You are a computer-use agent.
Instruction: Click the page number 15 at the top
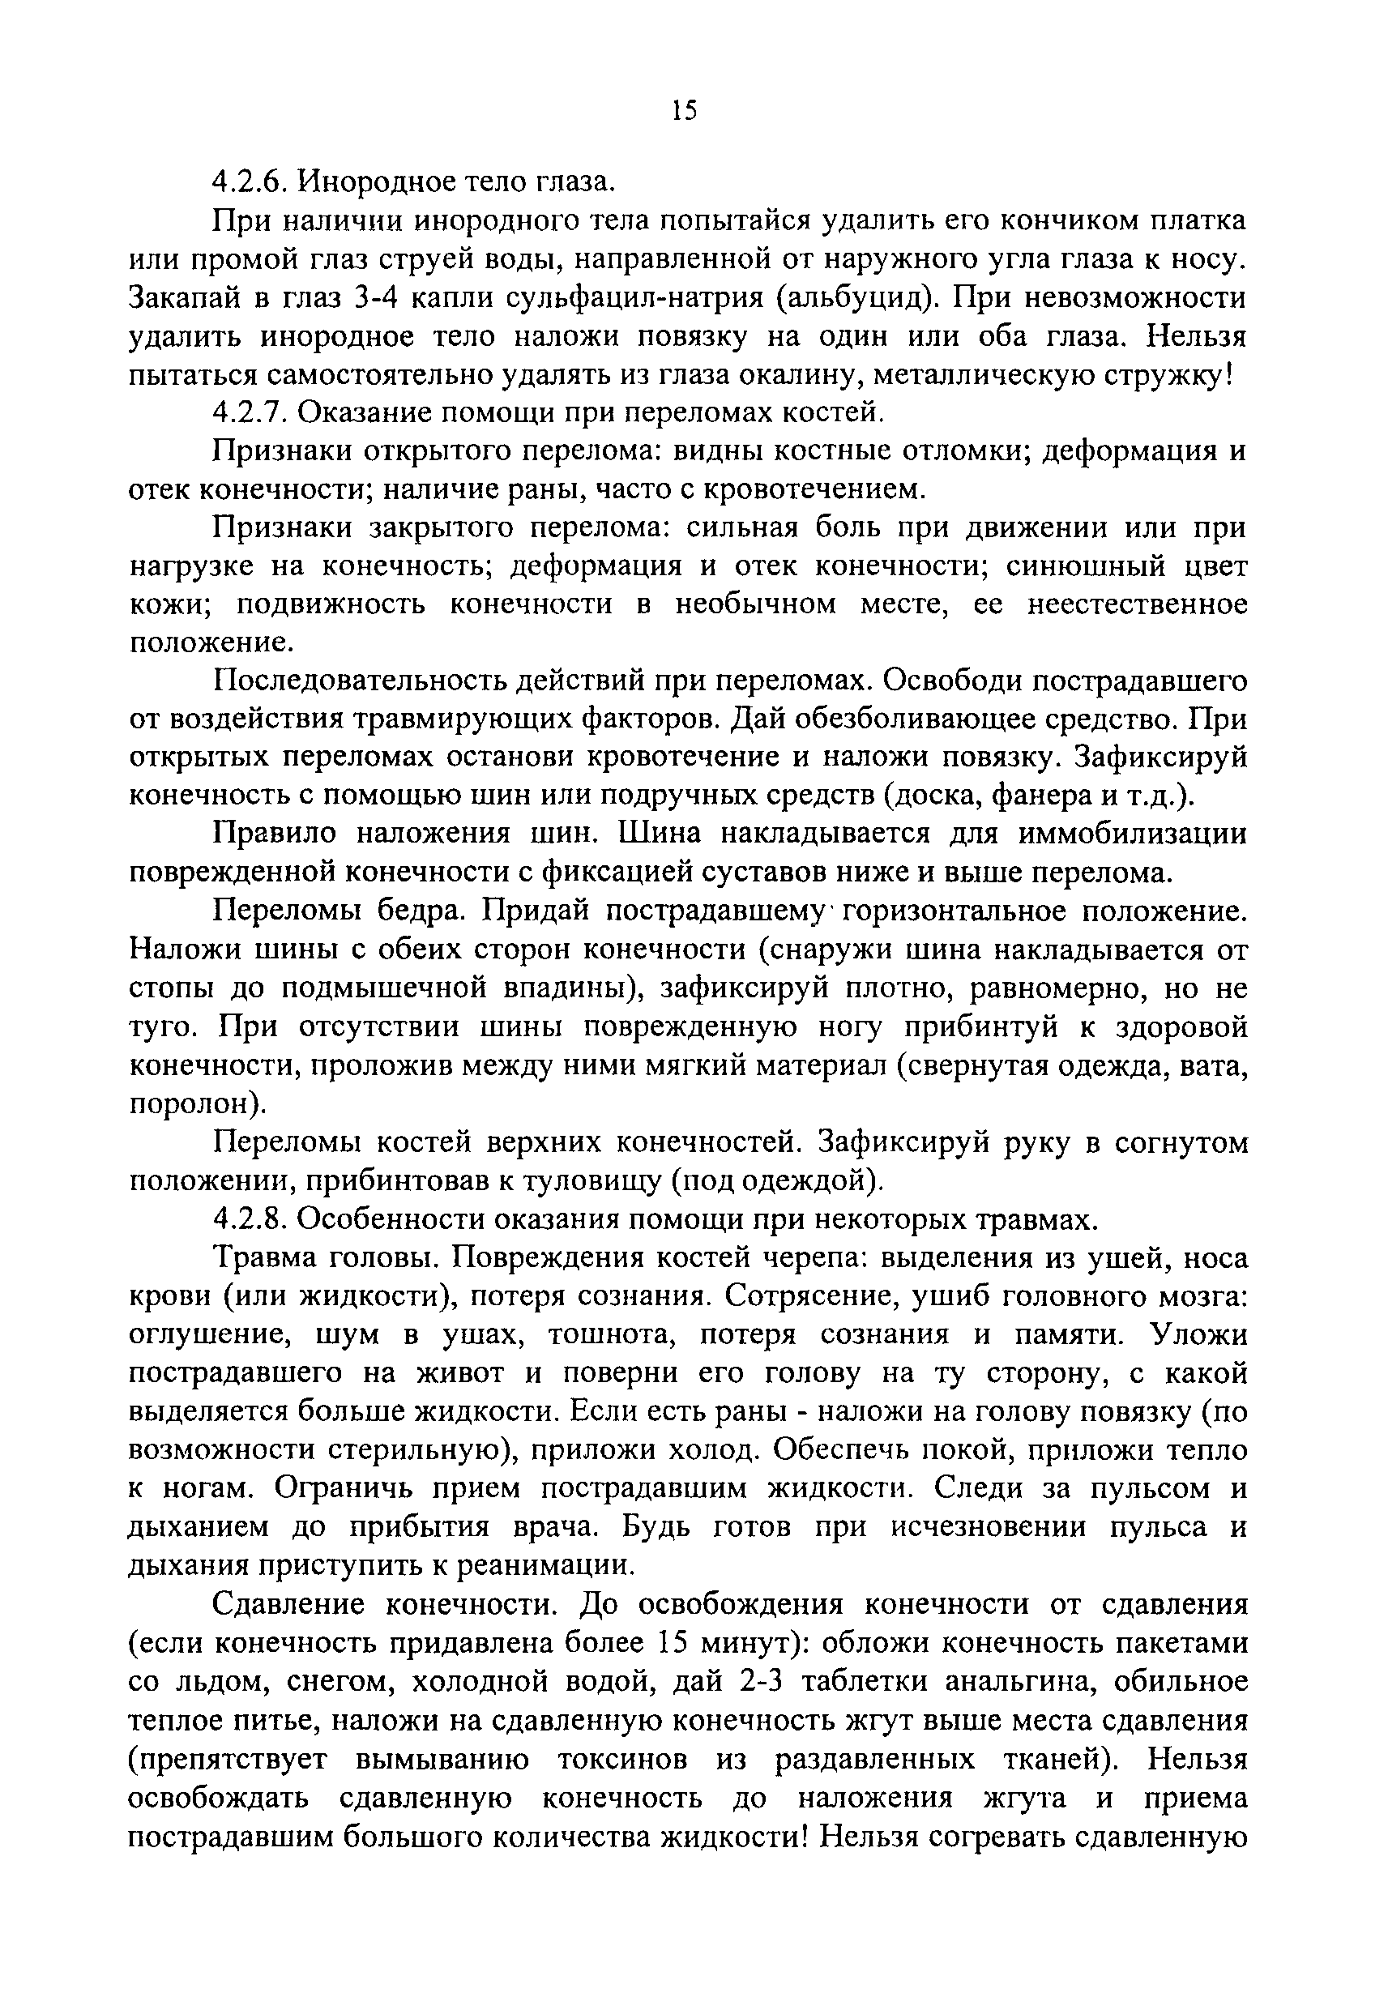[685, 109]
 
